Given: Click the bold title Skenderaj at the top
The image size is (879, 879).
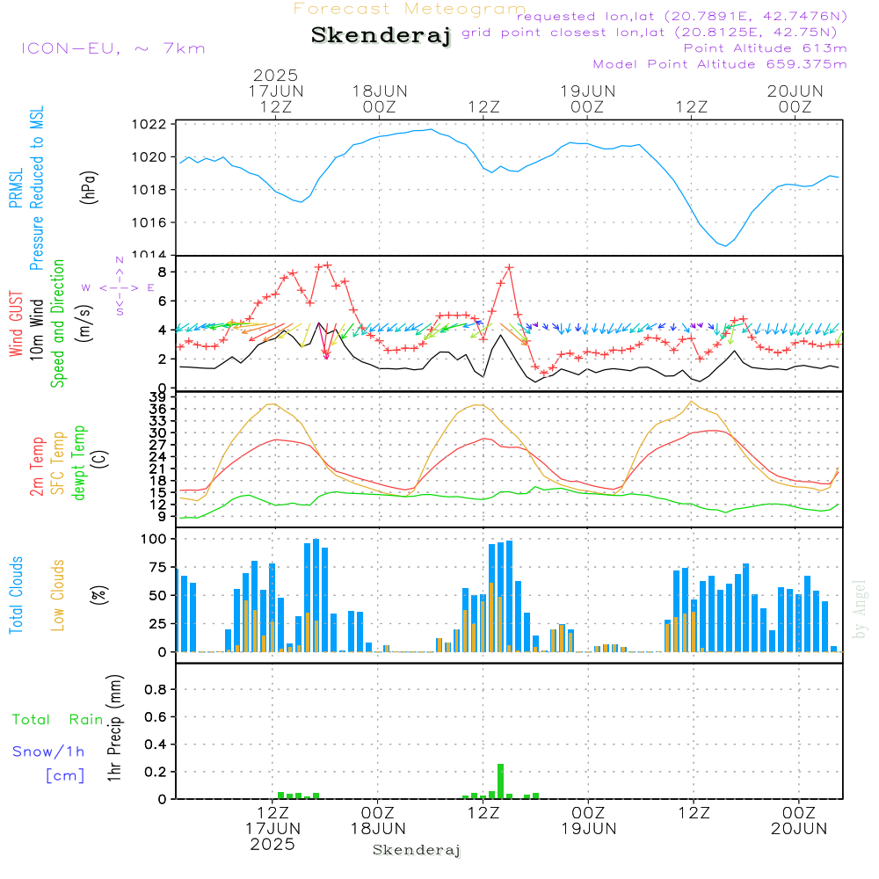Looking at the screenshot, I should pos(381,36).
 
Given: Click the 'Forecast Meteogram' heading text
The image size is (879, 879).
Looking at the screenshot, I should pos(410,9).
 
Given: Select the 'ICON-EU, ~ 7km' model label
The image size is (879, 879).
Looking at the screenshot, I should pos(113,48).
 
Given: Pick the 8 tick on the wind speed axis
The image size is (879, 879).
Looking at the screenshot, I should pos(160,272).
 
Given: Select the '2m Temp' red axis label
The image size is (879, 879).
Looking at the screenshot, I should pos(38,466).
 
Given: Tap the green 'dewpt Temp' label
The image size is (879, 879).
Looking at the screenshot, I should pos(80,462).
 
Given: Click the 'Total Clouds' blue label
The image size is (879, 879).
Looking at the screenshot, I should pos(17,595).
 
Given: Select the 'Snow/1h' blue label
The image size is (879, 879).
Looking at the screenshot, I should pos(48,752).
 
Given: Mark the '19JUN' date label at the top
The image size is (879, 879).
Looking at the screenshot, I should pos(587,91).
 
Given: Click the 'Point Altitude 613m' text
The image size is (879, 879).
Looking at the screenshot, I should pos(765,47).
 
